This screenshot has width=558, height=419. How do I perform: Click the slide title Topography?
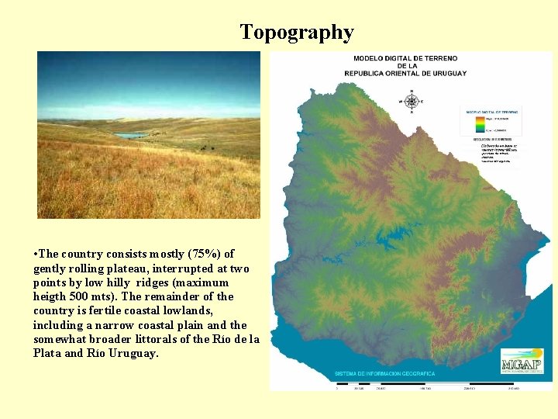pyautogui.click(x=297, y=33)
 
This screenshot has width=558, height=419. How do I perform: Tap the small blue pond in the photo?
pyautogui.click(x=130, y=135)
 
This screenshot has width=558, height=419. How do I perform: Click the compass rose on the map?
pyautogui.click(x=411, y=102)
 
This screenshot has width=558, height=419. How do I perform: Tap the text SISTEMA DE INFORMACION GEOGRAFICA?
pyautogui.click(x=385, y=373)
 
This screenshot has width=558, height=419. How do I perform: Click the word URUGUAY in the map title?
pyautogui.click(x=447, y=73)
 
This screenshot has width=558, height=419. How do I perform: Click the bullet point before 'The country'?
pyautogui.click(x=36, y=254)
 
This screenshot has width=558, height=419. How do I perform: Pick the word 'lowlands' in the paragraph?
pyautogui.click(x=219, y=310)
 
